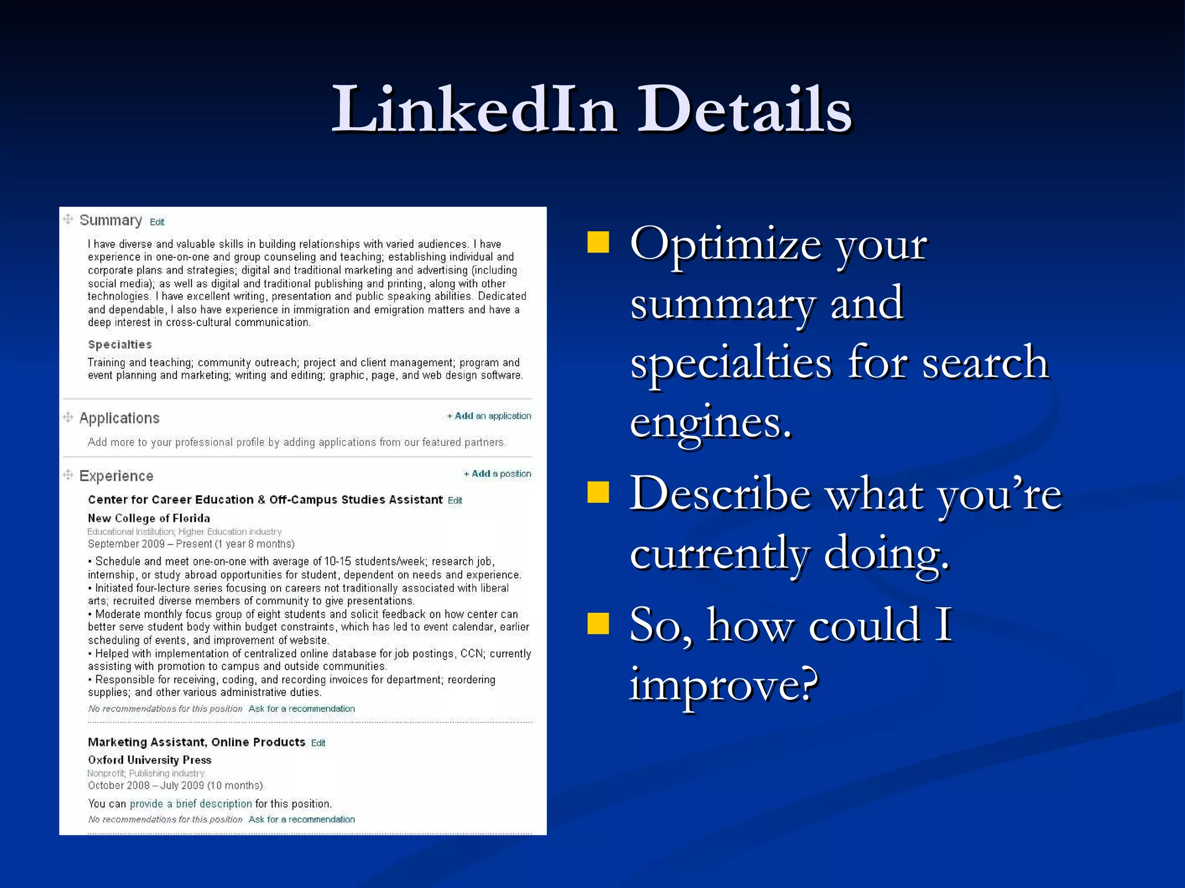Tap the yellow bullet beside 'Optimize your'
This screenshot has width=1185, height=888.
[598, 242]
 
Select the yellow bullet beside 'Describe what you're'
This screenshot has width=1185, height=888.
[598, 493]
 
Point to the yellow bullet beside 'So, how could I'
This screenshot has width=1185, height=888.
[598, 624]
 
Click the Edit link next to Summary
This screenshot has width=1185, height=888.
[157, 222]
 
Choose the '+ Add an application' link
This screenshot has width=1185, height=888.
[489, 416]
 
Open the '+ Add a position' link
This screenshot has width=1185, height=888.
[497, 473]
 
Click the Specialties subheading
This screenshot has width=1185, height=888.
[120, 345]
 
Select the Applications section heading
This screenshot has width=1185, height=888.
[119, 418]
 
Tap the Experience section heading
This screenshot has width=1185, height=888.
[116, 476]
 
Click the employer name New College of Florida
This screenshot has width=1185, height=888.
[149, 518]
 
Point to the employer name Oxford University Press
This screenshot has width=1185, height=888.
[149, 760]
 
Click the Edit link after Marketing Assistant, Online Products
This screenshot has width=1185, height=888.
[318, 743]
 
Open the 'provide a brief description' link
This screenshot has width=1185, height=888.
[190, 804]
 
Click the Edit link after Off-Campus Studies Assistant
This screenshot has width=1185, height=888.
[455, 501]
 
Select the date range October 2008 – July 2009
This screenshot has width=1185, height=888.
[175, 785]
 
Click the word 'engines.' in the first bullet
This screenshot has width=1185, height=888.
[711, 423]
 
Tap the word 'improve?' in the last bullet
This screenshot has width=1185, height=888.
[724, 684]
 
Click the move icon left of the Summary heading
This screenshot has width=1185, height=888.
[68, 219]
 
